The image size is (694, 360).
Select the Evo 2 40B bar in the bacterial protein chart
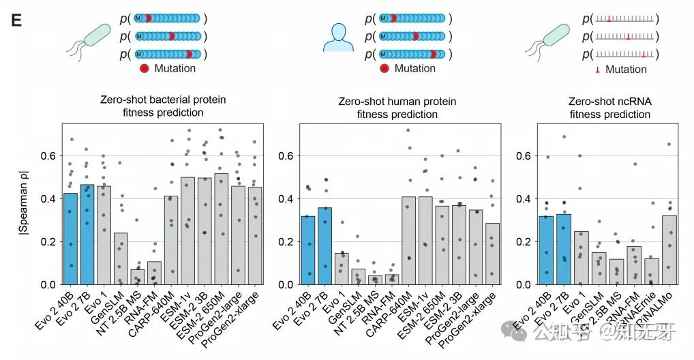pyautogui.click(x=70, y=239)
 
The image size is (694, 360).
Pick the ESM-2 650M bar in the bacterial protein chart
pyautogui.click(x=221, y=229)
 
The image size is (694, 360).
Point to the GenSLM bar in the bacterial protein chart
pyautogui.click(x=121, y=259)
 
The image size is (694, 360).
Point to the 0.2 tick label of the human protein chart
pyautogui.click(x=288, y=241)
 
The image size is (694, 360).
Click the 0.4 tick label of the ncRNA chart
pyautogui.click(x=525, y=198)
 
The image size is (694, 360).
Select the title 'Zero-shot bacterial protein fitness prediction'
pyautogui.click(x=163, y=106)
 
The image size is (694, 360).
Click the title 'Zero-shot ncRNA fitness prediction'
pyautogui.click(x=609, y=108)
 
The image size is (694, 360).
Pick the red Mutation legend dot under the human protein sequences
pyautogui.click(x=384, y=68)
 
